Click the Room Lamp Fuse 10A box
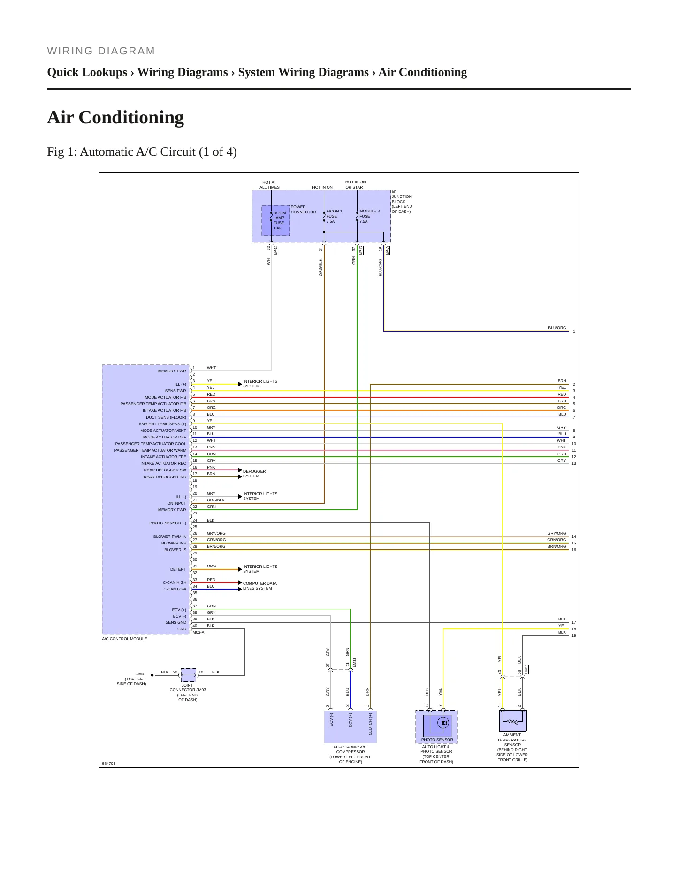pos(276,220)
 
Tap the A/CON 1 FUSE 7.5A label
pos(335,216)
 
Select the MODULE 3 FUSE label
pos(369,213)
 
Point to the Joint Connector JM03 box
pos(189,675)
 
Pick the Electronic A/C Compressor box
pos(350,726)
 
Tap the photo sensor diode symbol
pos(444,723)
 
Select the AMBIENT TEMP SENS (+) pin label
pos(162,424)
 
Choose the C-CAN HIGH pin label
pos(175,582)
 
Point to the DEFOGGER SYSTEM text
pos(254,474)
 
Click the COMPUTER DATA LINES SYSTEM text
pos(260,586)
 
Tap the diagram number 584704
pos(109,764)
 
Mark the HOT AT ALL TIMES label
pos(269,185)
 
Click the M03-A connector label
pos(198,632)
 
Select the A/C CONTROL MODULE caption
pos(124,639)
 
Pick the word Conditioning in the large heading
pos(131,118)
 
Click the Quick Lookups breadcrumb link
pos(87,72)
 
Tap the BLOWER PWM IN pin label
pos(170,537)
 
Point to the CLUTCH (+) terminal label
pos(370,724)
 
